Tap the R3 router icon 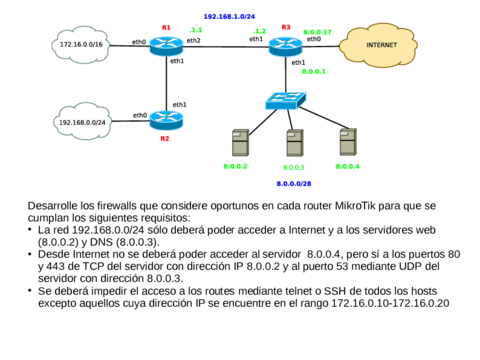[x=284, y=45]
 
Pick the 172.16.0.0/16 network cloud [x=79, y=45]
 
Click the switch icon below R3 [x=281, y=101]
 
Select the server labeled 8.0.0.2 [x=238, y=141]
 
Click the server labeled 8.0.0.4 [x=347, y=140]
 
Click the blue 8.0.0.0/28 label [x=294, y=184]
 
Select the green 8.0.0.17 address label [x=317, y=32]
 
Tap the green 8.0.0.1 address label [x=314, y=72]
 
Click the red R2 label [x=165, y=139]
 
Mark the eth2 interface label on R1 [x=193, y=41]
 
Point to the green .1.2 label [x=259, y=31]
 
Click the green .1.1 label [x=195, y=30]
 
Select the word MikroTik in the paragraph [x=363, y=206]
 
